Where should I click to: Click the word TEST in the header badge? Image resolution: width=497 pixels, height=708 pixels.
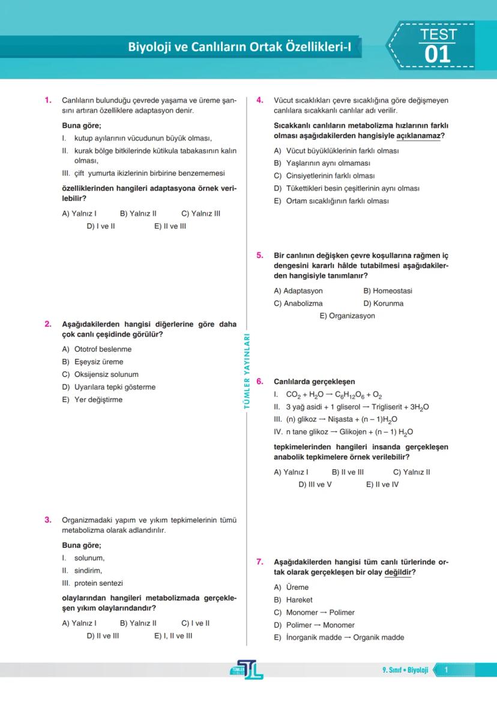pyautogui.click(x=438, y=34)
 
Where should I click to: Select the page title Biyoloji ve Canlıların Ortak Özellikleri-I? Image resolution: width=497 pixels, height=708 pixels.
pyautogui.click(x=239, y=47)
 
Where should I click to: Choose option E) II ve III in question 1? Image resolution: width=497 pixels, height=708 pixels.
pyautogui.click(x=170, y=226)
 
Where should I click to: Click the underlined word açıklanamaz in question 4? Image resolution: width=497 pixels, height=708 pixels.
pyautogui.click(x=423, y=136)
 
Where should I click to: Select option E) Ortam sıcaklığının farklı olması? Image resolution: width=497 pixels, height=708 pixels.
pyautogui.click(x=331, y=201)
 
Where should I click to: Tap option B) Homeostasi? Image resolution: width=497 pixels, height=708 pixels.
pyautogui.click(x=388, y=291)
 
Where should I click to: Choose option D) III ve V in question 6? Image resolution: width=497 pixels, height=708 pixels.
pyautogui.click(x=315, y=484)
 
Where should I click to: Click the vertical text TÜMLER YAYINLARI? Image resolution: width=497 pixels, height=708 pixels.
pyautogui.click(x=246, y=372)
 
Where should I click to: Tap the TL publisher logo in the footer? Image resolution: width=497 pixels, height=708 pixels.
pyautogui.click(x=248, y=670)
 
